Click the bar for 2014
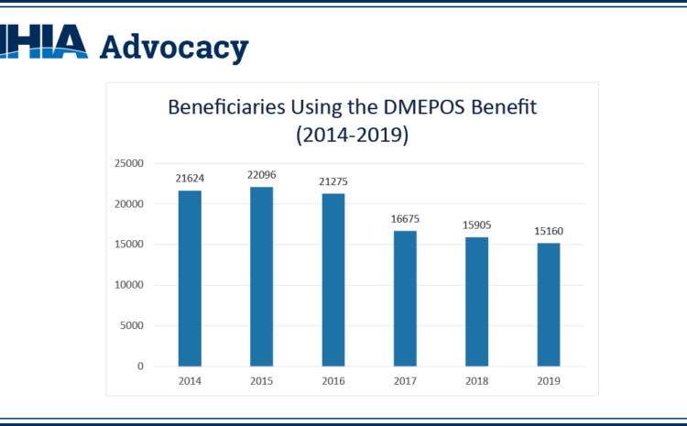coord(189,279)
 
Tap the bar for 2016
coord(333,279)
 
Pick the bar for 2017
coord(404,299)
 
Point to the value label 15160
coord(548,232)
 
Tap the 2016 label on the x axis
coord(333,381)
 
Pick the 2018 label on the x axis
coord(476,381)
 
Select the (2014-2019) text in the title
coord(352,137)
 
